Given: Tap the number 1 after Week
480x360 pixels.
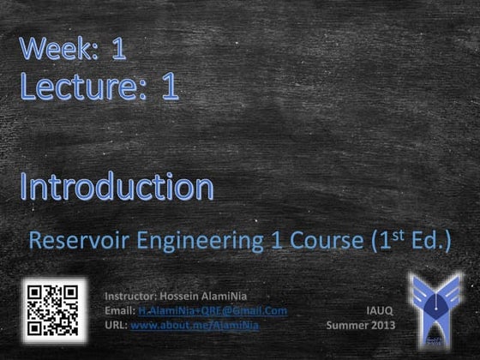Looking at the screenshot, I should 118,49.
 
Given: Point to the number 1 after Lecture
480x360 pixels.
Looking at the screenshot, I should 169,87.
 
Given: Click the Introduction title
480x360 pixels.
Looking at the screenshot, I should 117,186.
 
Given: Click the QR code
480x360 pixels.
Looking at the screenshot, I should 53,308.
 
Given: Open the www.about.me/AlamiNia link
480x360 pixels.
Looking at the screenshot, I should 195,325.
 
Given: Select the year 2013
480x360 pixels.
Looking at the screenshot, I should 382,325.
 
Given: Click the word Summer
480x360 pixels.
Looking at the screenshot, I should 346,325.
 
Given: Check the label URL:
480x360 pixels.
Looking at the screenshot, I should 115,325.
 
